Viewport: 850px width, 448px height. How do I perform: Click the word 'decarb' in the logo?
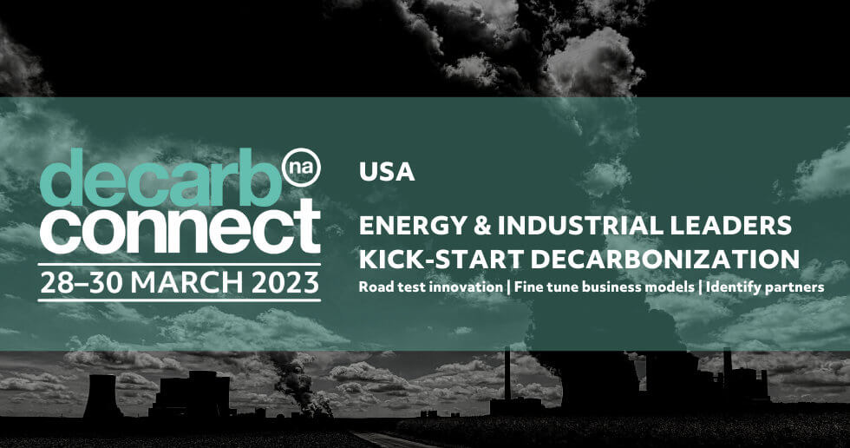[x=161, y=177]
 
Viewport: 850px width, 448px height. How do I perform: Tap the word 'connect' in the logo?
[x=180, y=227]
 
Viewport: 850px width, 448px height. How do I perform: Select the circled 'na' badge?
[x=302, y=167]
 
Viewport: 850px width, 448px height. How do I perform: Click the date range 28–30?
[x=82, y=282]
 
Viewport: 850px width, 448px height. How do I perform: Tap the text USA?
[x=387, y=172]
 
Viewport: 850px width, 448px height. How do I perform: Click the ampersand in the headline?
[x=482, y=226]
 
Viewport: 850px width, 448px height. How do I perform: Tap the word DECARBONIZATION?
[x=664, y=260]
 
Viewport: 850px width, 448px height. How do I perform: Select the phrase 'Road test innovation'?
[x=430, y=287]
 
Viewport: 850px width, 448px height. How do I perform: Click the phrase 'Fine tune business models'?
[x=604, y=287]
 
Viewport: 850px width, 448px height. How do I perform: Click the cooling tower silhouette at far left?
[x=102, y=396]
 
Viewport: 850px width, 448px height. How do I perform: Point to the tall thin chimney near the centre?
[x=507, y=373]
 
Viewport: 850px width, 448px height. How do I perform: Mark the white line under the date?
[x=180, y=300]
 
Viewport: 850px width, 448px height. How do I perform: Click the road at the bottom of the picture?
[x=390, y=439]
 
